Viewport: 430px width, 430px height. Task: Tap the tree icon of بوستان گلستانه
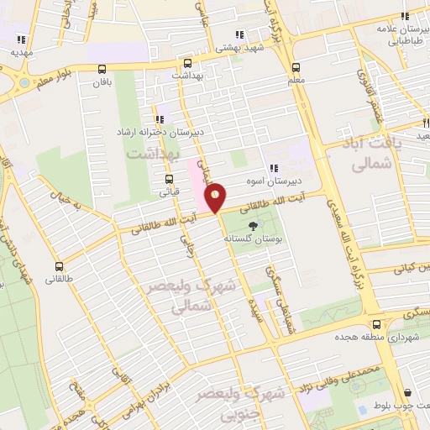[252, 225]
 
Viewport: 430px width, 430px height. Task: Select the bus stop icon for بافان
[102, 69]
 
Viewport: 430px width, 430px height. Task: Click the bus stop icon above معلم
[295, 67]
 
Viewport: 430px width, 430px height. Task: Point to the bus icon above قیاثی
[170, 179]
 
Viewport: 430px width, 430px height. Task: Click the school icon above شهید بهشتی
[239, 35]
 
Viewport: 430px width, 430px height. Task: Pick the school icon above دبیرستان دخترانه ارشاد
[160, 120]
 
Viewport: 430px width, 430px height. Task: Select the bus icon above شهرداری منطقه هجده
[375, 322]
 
